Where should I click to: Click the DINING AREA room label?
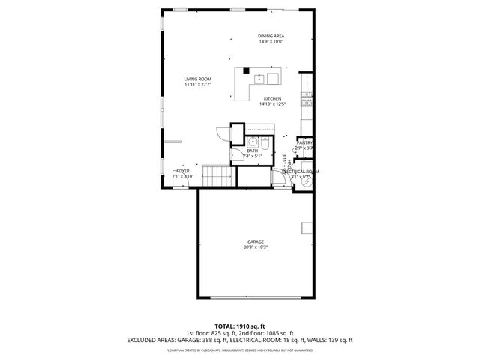[271, 36]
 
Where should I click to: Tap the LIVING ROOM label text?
[198, 79]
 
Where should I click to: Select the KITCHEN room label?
[271, 99]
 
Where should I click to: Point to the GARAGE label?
[256, 241]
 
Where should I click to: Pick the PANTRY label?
[304, 142]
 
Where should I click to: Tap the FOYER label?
[183, 171]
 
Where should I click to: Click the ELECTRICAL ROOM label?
[301, 171]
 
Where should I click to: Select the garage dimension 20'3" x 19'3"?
[256, 247]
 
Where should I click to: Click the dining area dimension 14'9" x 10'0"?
[271, 42]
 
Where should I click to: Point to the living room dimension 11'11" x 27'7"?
[198, 85]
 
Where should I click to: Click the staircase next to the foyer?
[220, 177]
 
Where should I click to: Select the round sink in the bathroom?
[253, 140]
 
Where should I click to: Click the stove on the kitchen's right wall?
[306, 97]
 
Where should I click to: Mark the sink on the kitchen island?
[258, 76]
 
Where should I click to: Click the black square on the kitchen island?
[246, 71]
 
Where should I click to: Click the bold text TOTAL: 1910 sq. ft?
[239, 326]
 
